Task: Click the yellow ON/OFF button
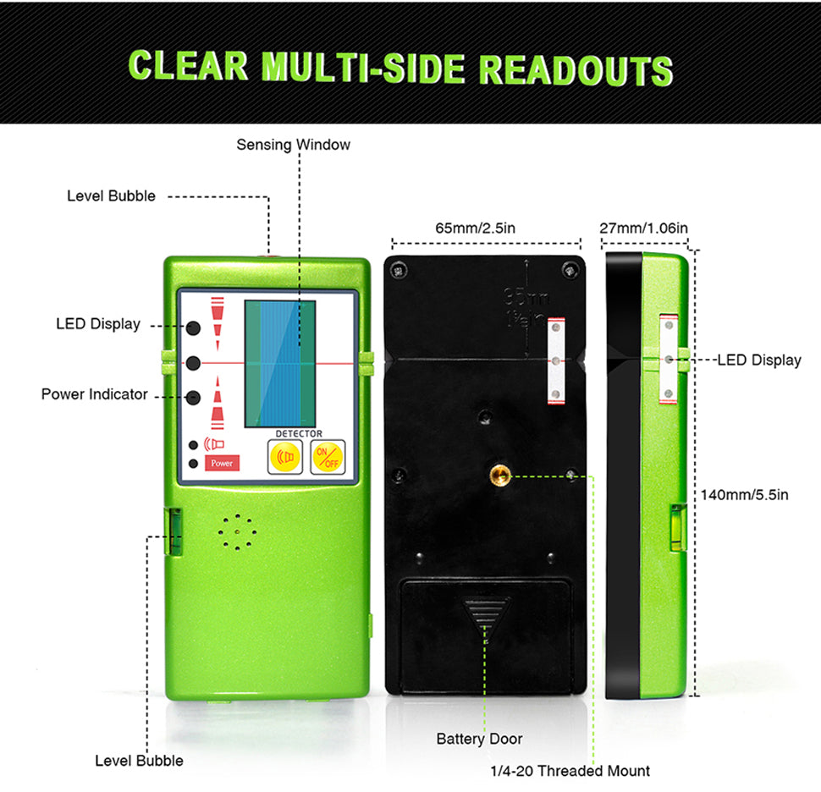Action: pos(327,457)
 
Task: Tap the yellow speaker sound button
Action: pos(284,457)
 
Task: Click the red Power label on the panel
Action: pos(222,464)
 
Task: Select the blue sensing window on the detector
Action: pos(279,364)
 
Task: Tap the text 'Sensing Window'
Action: pos(293,145)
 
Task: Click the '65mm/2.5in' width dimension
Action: pos(476,228)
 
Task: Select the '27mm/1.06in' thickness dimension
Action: pos(643,228)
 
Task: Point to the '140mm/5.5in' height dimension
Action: pos(745,494)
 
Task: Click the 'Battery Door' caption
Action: pos(479,739)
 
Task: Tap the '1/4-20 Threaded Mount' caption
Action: pos(570,771)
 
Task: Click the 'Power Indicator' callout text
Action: pos(94,394)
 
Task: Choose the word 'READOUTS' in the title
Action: pos(576,69)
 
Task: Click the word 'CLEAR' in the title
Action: pos(189,65)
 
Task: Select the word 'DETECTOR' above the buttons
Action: pos(299,433)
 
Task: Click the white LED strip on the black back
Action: pos(555,360)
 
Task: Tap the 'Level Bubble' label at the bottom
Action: pos(139,761)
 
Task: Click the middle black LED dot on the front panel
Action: pos(194,363)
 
